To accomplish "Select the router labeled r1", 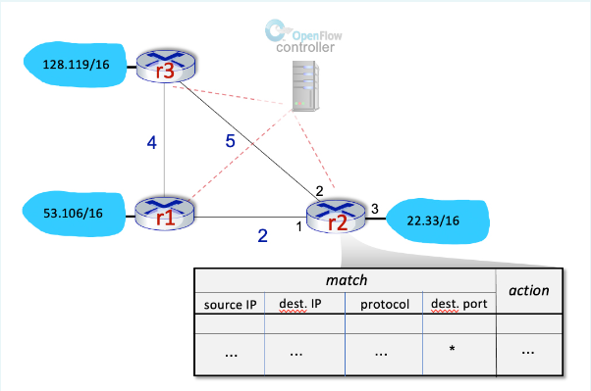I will click(x=164, y=212).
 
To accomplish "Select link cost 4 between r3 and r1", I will click(x=151, y=143).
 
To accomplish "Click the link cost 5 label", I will click(x=231, y=141).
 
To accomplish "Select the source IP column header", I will click(x=230, y=304).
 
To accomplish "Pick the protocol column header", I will click(x=382, y=304).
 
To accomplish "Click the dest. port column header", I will click(x=457, y=304).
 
